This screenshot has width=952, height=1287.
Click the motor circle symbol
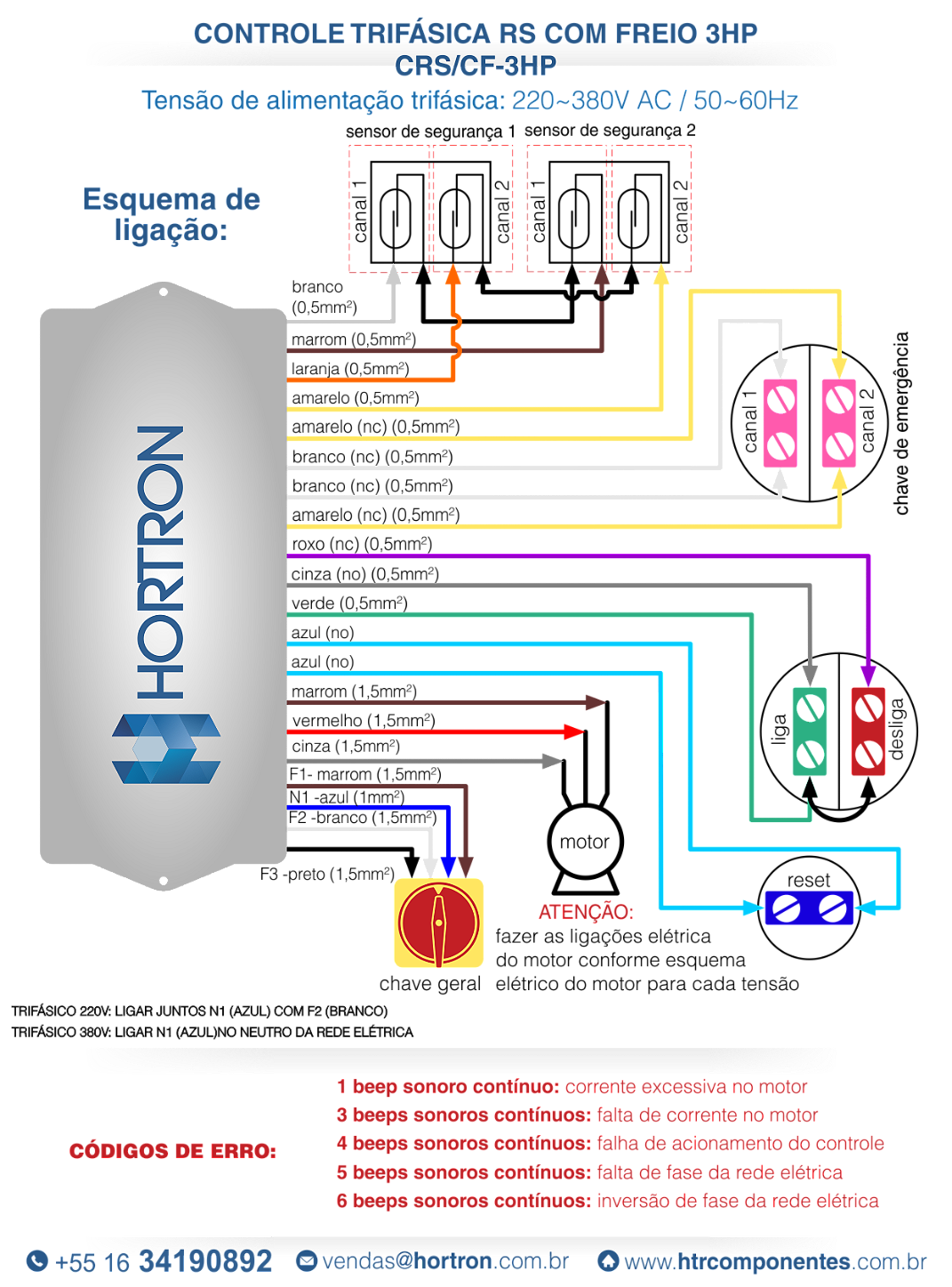point(585,841)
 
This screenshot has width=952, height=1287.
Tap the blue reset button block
point(809,907)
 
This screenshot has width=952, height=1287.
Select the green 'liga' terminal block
point(809,731)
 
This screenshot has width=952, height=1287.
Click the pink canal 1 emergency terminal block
point(780,423)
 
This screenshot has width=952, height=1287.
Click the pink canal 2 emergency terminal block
point(839,423)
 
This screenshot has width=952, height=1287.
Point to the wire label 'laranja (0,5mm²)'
point(350,369)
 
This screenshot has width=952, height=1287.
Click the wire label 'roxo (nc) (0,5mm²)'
point(362,544)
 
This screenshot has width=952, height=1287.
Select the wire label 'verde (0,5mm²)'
point(349,604)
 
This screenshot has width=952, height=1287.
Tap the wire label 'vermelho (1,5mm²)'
point(364,721)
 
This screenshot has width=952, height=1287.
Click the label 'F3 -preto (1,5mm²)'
point(327,875)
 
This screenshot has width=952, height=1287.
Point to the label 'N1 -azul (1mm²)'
point(347,797)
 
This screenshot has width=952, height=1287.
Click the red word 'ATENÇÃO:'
point(586,912)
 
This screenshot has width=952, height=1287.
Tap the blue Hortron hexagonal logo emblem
point(166,748)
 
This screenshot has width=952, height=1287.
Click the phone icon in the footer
point(37,1260)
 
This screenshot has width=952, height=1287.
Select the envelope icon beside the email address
point(307,1260)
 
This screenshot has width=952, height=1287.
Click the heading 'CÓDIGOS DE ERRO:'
point(172,1151)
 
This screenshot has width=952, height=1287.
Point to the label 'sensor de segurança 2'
point(610,131)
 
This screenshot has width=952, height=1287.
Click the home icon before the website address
point(608,1260)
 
